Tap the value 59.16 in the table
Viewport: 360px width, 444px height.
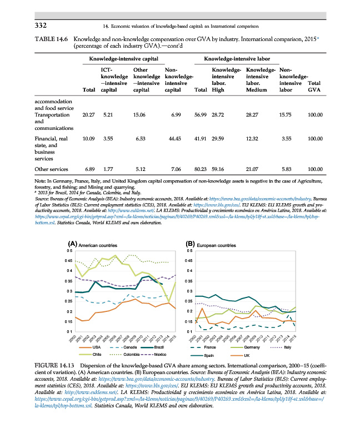tap(217, 168)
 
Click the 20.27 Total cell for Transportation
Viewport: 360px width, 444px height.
tap(89, 115)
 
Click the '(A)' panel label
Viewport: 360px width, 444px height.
tap(72, 244)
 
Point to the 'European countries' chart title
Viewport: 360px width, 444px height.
tap(218, 245)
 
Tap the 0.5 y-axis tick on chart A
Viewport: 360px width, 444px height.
tap(69, 251)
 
